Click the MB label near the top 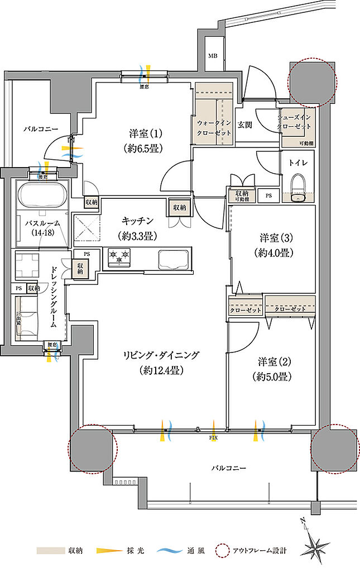click(213, 56)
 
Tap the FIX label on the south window click(213, 437)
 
